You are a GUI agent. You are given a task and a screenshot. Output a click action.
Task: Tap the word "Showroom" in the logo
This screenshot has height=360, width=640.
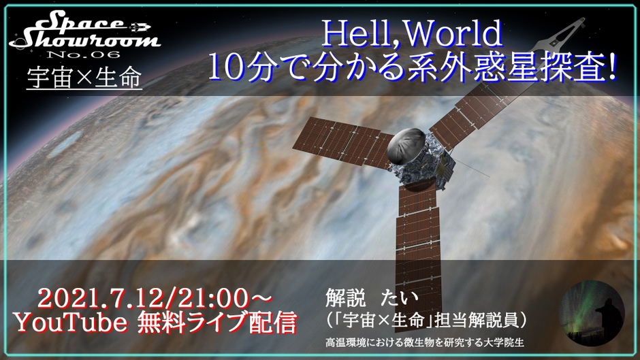(x=84, y=40)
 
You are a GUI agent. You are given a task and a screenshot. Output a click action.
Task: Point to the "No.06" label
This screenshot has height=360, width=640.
(x=84, y=54)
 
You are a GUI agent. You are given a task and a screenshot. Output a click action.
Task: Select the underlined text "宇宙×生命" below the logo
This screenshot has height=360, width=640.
(x=84, y=77)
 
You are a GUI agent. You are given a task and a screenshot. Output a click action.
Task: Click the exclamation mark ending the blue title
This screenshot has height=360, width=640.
(x=611, y=68)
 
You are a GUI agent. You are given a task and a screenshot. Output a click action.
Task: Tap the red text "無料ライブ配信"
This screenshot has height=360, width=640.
(x=217, y=323)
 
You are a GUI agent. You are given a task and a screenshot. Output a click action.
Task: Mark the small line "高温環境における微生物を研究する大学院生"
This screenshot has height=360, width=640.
(x=424, y=342)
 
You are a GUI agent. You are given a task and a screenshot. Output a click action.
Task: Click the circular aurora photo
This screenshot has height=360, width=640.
(x=592, y=313)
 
